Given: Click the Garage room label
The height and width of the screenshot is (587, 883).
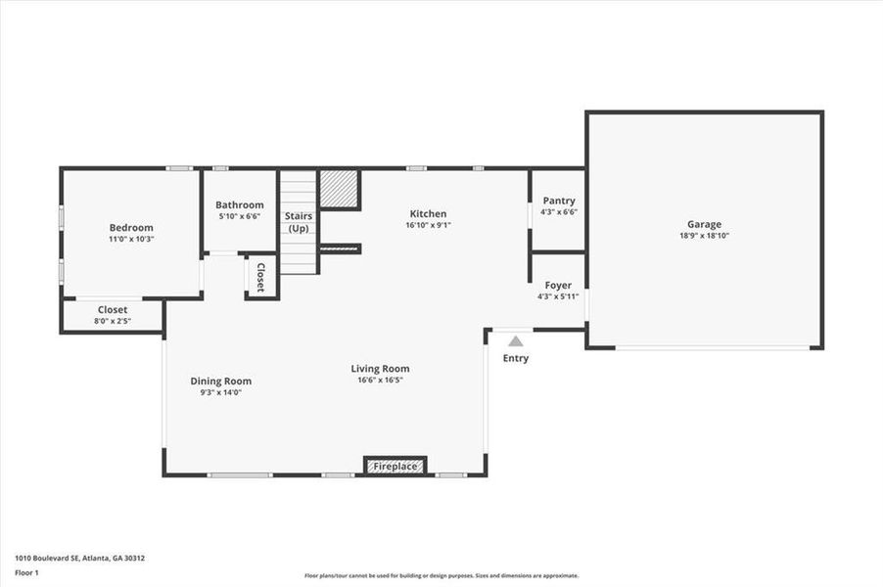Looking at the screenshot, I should (704, 224).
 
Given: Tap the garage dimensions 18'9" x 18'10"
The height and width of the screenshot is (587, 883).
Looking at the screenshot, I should (704, 236).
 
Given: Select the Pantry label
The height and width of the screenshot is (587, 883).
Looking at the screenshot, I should (558, 202).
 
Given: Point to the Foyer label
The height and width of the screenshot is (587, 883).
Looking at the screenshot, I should (558, 286).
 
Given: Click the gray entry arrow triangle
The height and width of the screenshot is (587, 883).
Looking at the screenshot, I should (515, 340).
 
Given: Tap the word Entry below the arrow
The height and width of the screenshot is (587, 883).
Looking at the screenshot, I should (515, 358).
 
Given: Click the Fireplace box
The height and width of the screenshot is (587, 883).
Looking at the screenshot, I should (395, 466).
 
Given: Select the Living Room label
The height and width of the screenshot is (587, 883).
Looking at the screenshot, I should (380, 369).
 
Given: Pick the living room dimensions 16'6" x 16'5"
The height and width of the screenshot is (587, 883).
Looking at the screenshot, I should (380, 381).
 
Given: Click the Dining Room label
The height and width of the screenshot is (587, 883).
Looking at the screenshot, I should (220, 382).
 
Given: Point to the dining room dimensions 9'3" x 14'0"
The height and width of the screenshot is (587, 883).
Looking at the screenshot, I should (220, 392).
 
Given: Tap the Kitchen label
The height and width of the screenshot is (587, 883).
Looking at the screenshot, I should (428, 213).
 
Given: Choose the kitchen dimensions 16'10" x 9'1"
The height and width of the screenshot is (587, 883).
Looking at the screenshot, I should (428, 225).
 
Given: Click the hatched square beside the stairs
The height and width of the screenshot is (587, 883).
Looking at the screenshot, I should (340, 189).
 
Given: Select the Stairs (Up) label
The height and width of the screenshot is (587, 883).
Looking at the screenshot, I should (299, 222).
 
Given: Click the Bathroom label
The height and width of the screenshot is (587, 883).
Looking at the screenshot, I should (240, 204).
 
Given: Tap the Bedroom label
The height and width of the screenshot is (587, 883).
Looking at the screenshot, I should (131, 228).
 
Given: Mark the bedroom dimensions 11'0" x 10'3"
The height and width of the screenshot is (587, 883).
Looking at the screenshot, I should (131, 239).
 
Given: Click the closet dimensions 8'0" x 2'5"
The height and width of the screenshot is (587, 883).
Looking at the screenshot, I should (112, 321).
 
